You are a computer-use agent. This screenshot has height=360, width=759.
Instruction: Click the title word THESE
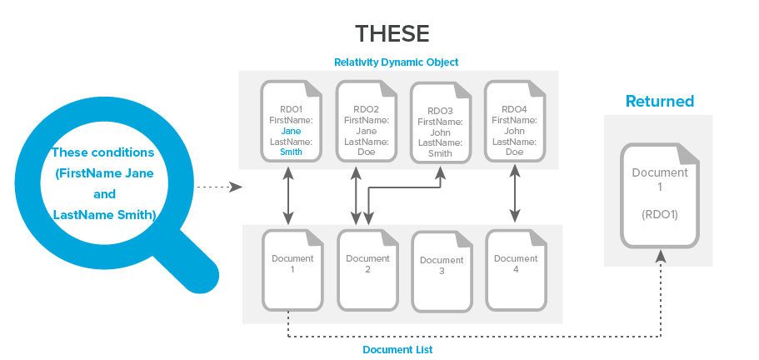pyautogui.click(x=392, y=34)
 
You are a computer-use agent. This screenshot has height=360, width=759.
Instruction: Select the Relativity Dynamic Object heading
pyautogui.click(x=397, y=62)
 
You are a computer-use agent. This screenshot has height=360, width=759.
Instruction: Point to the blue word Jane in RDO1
pyautogui.click(x=291, y=131)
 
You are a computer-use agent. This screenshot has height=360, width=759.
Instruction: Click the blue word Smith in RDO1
pyautogui.click(x=291, y=152)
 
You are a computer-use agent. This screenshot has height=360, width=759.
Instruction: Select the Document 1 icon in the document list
pyautogui.click(x=292, y=268)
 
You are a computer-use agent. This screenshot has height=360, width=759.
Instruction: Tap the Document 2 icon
pyautogui.click(x=367, y=268)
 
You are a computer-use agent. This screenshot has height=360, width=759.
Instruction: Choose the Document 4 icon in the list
pyautogui.click(x=516, y=268)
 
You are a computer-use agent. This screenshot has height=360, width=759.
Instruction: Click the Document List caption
pyautogui.click(x=397, y=350)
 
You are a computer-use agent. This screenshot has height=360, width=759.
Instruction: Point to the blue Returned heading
pyautogui.click(x=660, y=102)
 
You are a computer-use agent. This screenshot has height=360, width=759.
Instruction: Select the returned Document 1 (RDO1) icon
pyautogui.click(x=660, y=196)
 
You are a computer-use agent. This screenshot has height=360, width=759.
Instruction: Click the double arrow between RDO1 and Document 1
pyautogui.click(x=288, y=196)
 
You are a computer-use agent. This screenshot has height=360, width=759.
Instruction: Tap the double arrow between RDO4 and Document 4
pyautogui.click(x=514, y=196)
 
